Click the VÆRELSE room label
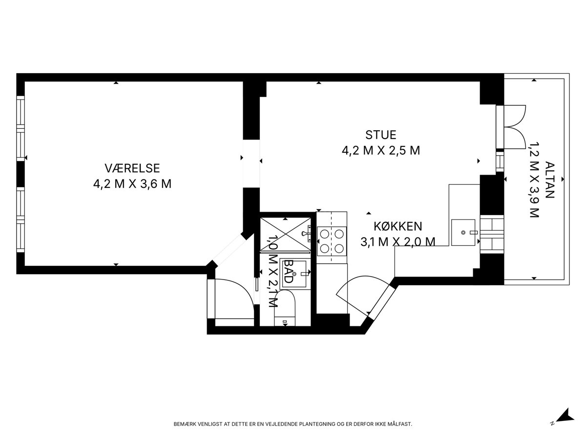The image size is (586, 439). point(132,168)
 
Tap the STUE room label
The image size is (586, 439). point(381,135)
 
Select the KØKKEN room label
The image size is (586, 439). point(398,226)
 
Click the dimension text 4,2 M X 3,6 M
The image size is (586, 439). point(132,184)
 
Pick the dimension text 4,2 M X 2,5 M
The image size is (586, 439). point(381,151)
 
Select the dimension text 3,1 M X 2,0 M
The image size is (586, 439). point(398,242)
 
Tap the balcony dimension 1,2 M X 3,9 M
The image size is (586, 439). point(534,180)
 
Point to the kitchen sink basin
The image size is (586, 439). point(463,233)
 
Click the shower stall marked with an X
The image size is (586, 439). point(285,234)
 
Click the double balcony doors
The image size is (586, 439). point(511,127)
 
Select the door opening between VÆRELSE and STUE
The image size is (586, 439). point(251,163)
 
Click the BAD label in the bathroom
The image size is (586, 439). point(289,271)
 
